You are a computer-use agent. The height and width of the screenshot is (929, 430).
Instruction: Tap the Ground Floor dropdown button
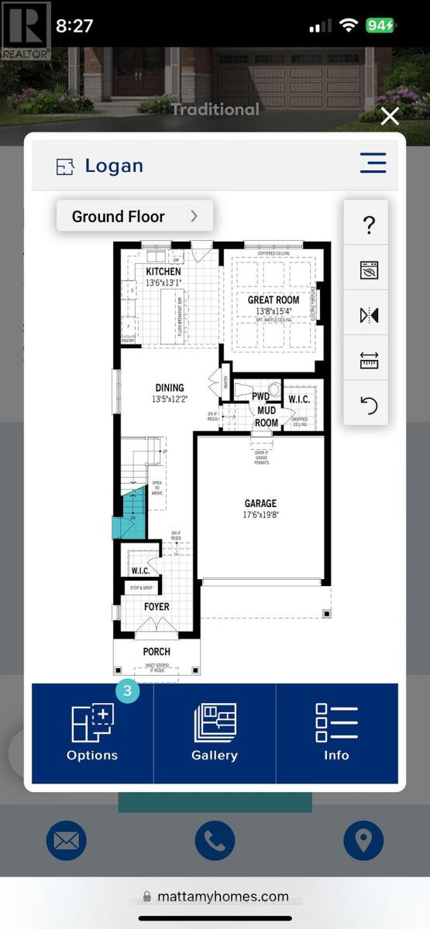(x=134, y=216)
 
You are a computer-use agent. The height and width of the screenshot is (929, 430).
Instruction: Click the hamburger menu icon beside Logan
(x=373, y=163)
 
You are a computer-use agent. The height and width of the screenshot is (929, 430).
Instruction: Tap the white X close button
(x=390, y=116)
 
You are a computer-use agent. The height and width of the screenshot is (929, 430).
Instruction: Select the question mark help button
(x=369, y=225)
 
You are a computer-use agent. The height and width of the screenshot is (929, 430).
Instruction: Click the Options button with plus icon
(x=92, y=732)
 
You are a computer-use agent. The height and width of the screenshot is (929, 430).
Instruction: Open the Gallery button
(x=215, y=732)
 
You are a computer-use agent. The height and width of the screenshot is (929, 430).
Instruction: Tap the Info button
(x=336, y=732)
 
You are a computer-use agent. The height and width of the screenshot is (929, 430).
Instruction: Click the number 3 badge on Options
(x=127, y=691)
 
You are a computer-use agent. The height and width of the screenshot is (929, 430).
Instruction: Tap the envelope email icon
(x=67, y=841)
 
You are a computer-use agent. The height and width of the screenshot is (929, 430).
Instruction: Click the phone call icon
(x=215, y=841)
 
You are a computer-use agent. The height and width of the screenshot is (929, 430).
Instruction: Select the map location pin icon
(x=363, y=841)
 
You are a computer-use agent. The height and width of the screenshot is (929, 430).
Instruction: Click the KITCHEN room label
(x=163, y=272)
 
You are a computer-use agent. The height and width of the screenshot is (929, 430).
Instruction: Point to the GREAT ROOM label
(x=273, y=300)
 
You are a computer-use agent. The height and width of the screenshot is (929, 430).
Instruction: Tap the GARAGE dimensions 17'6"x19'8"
(x=260, y=515)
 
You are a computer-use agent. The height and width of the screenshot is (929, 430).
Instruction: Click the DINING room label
(x=169, y=388)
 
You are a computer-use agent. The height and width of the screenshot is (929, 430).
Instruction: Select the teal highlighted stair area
(x=128, y=518)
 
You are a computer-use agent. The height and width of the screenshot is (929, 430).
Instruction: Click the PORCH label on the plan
(x=157, y=652)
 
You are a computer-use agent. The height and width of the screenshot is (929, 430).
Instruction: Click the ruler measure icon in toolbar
(x=369, y=360)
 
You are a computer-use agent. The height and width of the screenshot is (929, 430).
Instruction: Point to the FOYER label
(x=157, y=607)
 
